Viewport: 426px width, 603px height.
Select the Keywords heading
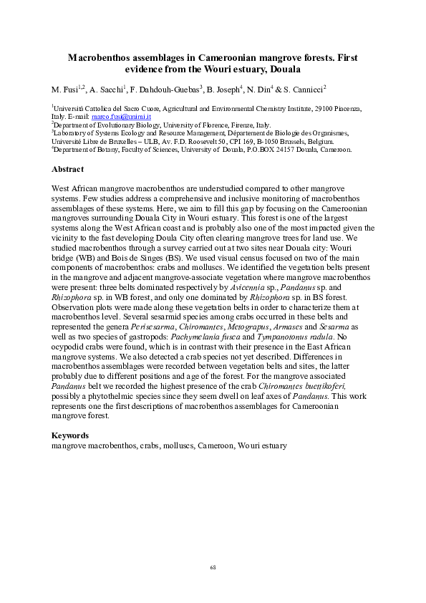[x=70, y=435]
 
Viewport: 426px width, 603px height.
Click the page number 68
[x=213, y=567]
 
